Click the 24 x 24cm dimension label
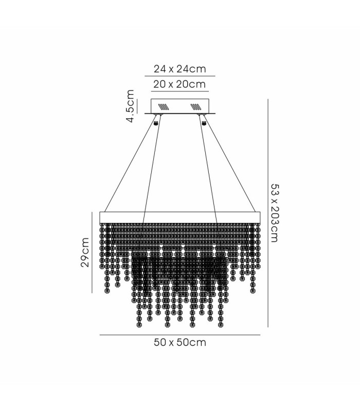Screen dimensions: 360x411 point(179,69)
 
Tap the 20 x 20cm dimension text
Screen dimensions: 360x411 point(179,84)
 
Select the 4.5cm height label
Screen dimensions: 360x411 point(130,106)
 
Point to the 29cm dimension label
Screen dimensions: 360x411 point(85,252)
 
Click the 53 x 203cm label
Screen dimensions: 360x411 point(275,213)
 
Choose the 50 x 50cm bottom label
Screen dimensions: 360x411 point(180,342)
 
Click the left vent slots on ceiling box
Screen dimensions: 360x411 point(163,107)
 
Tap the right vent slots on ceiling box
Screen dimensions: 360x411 point(196,107)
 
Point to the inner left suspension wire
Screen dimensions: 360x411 point(152,169)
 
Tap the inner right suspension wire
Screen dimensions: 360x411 point(208,169)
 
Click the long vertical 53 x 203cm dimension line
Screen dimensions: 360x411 point(267,213)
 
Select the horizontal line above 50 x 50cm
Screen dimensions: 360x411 point(180,335)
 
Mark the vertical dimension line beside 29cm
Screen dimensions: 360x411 point(92,252)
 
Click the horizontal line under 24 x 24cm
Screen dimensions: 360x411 point(180,76)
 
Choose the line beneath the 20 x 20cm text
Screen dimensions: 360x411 point(180,91)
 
